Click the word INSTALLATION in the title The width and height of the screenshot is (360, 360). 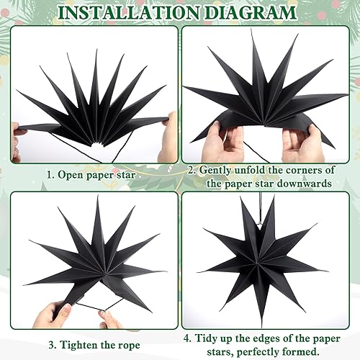[129, 13]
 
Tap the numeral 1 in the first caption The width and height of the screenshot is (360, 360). [49, 175]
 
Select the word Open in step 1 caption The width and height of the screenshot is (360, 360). [70, 175]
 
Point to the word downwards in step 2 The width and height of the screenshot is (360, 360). [304, 184]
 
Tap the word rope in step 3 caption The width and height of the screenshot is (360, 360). [129, 346]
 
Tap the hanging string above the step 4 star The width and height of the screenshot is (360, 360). [260, 208]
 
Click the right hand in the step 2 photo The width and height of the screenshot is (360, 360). [303, 144]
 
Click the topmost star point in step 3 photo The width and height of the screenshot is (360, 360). [98, 197]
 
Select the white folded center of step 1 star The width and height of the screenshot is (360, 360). [98, 143]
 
